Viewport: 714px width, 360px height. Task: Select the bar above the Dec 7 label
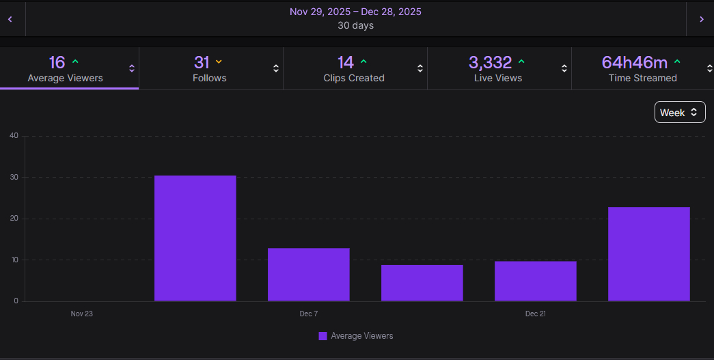[x=308, y=274]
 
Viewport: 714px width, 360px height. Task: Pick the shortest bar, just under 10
[x=422, y=283]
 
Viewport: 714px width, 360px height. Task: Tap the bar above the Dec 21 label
[x=535, y=281]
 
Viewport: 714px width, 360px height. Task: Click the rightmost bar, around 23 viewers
[x=648, y=253]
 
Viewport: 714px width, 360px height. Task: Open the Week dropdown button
[x=679, y=113]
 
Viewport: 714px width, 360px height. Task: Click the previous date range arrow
[x=10, y=19]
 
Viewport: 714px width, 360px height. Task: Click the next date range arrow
[x=701, y=19]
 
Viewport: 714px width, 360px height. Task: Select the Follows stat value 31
[x=202, y=63]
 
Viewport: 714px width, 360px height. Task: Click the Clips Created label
[x=354, y=78]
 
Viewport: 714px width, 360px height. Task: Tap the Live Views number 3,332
[x=490, y=63]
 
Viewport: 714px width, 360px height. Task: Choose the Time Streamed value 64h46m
[x=634, y=63]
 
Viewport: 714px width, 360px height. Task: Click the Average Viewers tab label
[x=66, y=78]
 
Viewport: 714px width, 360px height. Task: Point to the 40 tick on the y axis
[x=14, y=135]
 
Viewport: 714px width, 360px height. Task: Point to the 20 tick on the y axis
[x=14, y=219]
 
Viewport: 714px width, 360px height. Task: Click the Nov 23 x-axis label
[x=81, y=314]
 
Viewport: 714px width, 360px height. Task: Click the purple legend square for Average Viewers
[x=323, y=336]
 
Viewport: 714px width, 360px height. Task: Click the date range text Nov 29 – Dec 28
[x=355, y=12]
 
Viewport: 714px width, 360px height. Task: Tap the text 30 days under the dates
[x=355, y=26]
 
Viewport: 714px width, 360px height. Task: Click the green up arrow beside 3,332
[x=521, y=61]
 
